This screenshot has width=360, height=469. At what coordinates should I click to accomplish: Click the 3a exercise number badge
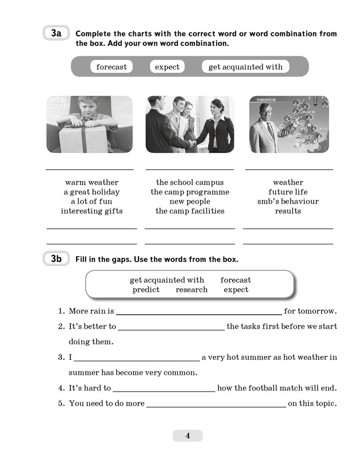[56, 33]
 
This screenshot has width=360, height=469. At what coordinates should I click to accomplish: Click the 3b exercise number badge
[56, 258]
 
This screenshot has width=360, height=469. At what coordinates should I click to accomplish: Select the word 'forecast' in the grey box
[112, 67]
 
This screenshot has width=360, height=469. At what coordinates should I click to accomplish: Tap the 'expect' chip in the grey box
[167, 67]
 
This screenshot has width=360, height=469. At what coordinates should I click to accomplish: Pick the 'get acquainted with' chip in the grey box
[246, 67]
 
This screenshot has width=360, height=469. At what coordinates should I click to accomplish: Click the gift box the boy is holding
[82, 139]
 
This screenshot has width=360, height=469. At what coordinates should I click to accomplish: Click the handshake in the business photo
[192, 143]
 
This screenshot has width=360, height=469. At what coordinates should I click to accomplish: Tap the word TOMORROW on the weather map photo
[266, 99]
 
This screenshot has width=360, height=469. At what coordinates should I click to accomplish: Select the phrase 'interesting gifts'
[92, 211]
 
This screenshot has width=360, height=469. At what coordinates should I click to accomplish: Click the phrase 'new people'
[190, 202]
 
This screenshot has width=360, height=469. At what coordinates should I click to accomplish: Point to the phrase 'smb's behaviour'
[288, 201]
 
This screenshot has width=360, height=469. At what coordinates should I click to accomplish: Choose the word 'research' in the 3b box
[192, 289]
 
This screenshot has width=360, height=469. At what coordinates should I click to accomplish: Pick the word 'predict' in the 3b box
[146, 290]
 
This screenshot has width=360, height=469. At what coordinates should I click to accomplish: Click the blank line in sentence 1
[199, 315]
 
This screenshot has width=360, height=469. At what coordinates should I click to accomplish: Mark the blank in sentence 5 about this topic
[216, 407]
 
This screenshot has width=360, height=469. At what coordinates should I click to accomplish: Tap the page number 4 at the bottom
[187, 436]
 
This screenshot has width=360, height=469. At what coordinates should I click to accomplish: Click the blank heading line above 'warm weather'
[90, 170]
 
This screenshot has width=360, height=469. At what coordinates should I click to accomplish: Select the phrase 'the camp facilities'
[190, 211]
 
